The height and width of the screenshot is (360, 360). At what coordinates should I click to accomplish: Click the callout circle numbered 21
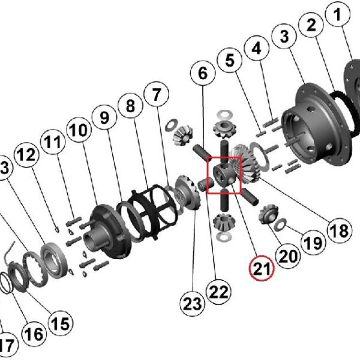click(262, 270)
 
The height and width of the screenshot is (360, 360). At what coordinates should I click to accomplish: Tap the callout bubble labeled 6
click(202, 74)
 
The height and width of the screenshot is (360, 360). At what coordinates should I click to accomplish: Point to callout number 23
click(194, 304)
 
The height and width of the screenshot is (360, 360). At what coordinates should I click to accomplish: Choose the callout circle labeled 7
click(156, 95)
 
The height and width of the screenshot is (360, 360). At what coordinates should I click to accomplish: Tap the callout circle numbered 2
click(311, 25)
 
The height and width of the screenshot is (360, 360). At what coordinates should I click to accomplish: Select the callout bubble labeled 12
click(26, 155)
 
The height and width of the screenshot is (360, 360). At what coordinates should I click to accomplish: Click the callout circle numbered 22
click(218, 292)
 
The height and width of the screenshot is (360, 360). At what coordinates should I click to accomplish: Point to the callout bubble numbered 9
click(104, 118)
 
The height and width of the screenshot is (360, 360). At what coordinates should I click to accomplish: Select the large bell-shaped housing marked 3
click(315, 123)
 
